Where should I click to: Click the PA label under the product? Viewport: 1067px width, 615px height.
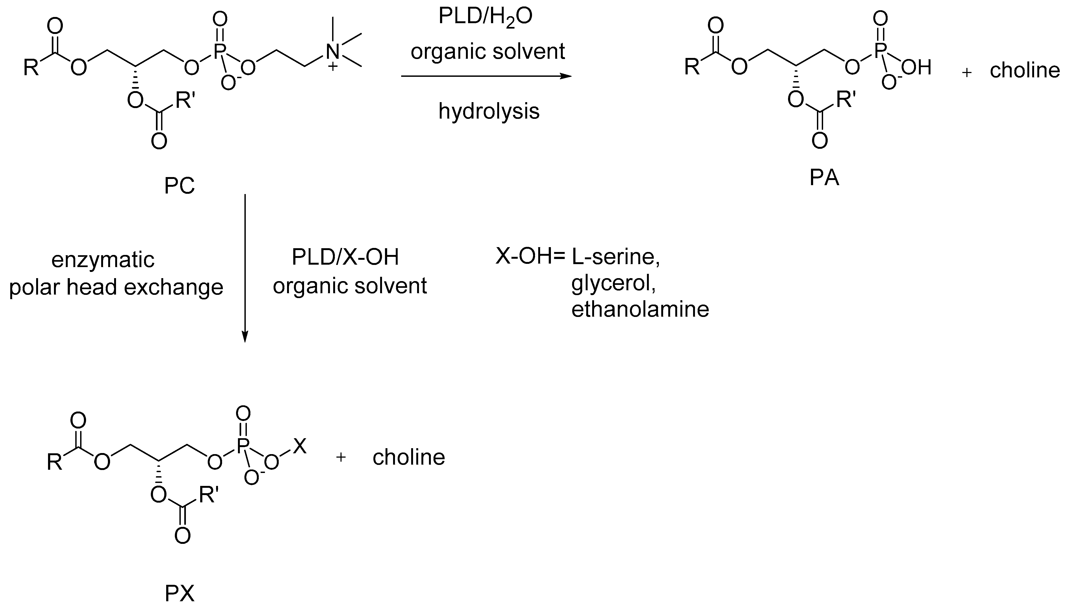tap(824, 178)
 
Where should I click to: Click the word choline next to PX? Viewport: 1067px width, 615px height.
tap(408, 457)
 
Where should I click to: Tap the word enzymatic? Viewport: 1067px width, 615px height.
tap(103, 260)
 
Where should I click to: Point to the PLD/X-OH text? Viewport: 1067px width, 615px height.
tap(345, 257)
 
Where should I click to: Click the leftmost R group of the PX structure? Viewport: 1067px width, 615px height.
tap(54, 462)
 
